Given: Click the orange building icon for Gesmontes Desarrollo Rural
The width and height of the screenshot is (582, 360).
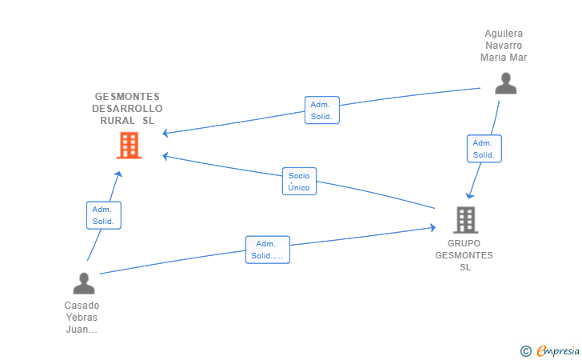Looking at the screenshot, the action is point(130,146).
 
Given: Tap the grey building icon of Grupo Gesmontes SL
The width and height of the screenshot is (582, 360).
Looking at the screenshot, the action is point(465,220).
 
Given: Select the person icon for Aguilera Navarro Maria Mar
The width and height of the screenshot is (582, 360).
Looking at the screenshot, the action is point(505,83).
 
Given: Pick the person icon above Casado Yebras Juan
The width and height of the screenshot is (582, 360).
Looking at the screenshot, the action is point(84,283).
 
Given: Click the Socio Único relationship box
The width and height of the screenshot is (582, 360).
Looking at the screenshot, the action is point(299,182).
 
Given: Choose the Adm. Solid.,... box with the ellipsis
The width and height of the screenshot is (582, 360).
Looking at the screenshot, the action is point(268,250).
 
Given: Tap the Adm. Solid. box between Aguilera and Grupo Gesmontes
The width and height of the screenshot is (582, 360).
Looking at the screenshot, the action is point(484,149).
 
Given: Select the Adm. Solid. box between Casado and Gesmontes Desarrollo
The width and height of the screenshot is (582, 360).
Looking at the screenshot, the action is point(104,215).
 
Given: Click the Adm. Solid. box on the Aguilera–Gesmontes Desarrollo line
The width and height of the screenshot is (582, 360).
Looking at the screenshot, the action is point(322,110).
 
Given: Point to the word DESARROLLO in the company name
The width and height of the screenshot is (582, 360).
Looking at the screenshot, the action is point(127,109).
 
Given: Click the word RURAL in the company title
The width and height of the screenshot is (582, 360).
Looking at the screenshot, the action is point(118,121).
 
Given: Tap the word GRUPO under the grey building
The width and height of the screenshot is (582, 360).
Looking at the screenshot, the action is point(464,243).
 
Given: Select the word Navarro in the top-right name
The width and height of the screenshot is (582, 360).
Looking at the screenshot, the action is point(504,46).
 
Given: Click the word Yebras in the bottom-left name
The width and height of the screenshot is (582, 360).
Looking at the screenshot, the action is point(82,318).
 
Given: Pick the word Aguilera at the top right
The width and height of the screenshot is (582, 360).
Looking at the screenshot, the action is point(504,34).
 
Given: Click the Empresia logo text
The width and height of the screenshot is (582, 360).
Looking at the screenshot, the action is point(558,350).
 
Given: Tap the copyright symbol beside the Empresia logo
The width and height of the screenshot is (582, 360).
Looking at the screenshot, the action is point(526,351).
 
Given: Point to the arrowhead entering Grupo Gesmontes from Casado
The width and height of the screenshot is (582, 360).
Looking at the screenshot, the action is point(433,227).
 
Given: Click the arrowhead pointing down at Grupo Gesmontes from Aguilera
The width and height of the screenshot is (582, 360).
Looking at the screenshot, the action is point(470,195).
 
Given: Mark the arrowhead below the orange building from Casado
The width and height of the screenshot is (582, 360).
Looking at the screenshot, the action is point(119,174).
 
